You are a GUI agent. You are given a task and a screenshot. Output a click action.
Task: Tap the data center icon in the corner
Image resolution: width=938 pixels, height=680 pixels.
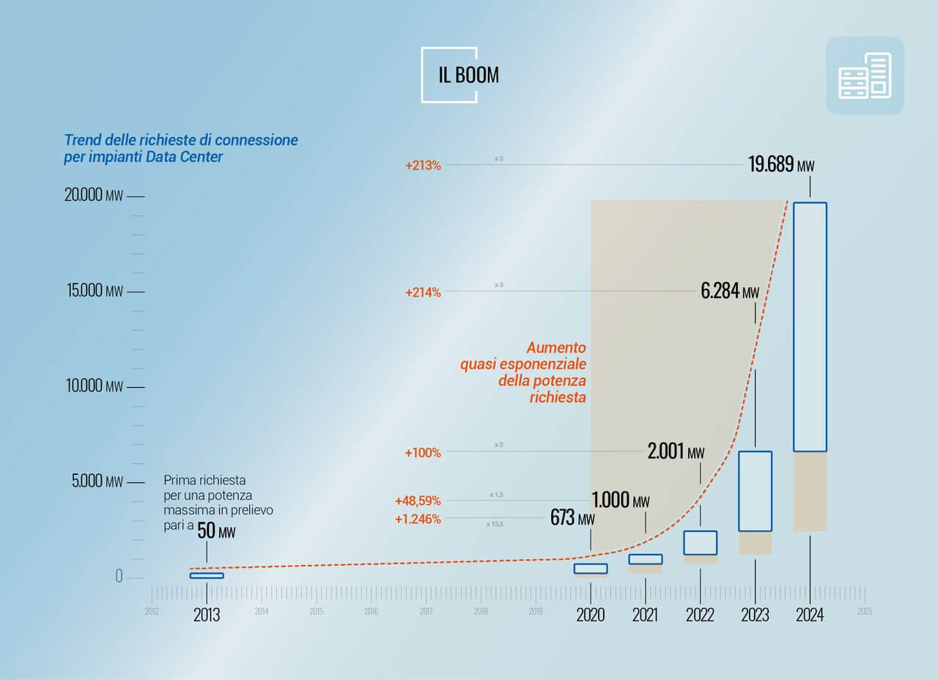coord(865,75)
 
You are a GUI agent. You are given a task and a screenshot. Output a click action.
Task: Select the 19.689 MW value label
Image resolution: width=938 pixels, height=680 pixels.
coord(780,164)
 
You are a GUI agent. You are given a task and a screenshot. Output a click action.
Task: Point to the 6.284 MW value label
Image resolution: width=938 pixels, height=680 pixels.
coord(730,291)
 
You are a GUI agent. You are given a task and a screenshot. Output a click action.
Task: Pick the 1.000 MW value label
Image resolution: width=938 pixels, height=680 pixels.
coord(620,500)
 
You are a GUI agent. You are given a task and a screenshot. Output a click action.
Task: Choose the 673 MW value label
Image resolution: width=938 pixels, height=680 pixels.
coord(572,518)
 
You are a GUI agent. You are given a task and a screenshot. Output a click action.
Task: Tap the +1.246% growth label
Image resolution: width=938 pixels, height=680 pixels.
coord(418,520)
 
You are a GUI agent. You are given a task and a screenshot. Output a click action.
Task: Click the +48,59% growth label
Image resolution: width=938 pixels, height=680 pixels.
coord(418,501)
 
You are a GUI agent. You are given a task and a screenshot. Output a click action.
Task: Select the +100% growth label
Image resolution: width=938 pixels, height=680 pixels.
coord(423,453)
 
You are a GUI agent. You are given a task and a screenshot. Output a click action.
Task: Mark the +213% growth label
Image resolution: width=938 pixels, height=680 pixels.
coord(423,166)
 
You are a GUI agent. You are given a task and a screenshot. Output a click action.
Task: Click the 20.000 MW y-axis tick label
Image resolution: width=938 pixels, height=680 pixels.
coord(93,196)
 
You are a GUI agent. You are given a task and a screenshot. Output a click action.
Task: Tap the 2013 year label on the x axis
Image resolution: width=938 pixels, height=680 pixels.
coord(207,615)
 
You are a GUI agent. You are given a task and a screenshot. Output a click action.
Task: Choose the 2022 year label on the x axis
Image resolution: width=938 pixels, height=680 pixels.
coord(700,615)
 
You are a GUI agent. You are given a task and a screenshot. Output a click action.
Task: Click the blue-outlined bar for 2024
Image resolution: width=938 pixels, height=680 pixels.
coord(810,327)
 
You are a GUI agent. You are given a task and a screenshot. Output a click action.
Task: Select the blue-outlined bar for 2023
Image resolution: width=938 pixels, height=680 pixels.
coord(755,491)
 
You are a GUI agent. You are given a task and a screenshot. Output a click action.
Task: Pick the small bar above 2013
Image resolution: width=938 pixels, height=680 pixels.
coord(207,575)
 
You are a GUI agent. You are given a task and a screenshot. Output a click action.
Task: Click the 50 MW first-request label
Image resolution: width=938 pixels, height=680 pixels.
coord(217,531)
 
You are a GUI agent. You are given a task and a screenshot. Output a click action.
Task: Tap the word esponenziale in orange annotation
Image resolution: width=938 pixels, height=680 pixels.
coord(542,364)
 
